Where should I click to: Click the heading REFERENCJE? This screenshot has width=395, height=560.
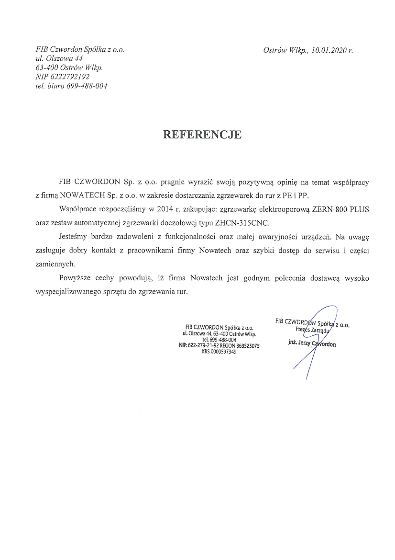coord(202,135)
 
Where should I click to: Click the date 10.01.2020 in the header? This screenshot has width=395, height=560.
coord(328,50)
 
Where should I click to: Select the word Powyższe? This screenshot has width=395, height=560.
coord(74,278)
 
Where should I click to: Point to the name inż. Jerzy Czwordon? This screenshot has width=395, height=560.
coord(312,344)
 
